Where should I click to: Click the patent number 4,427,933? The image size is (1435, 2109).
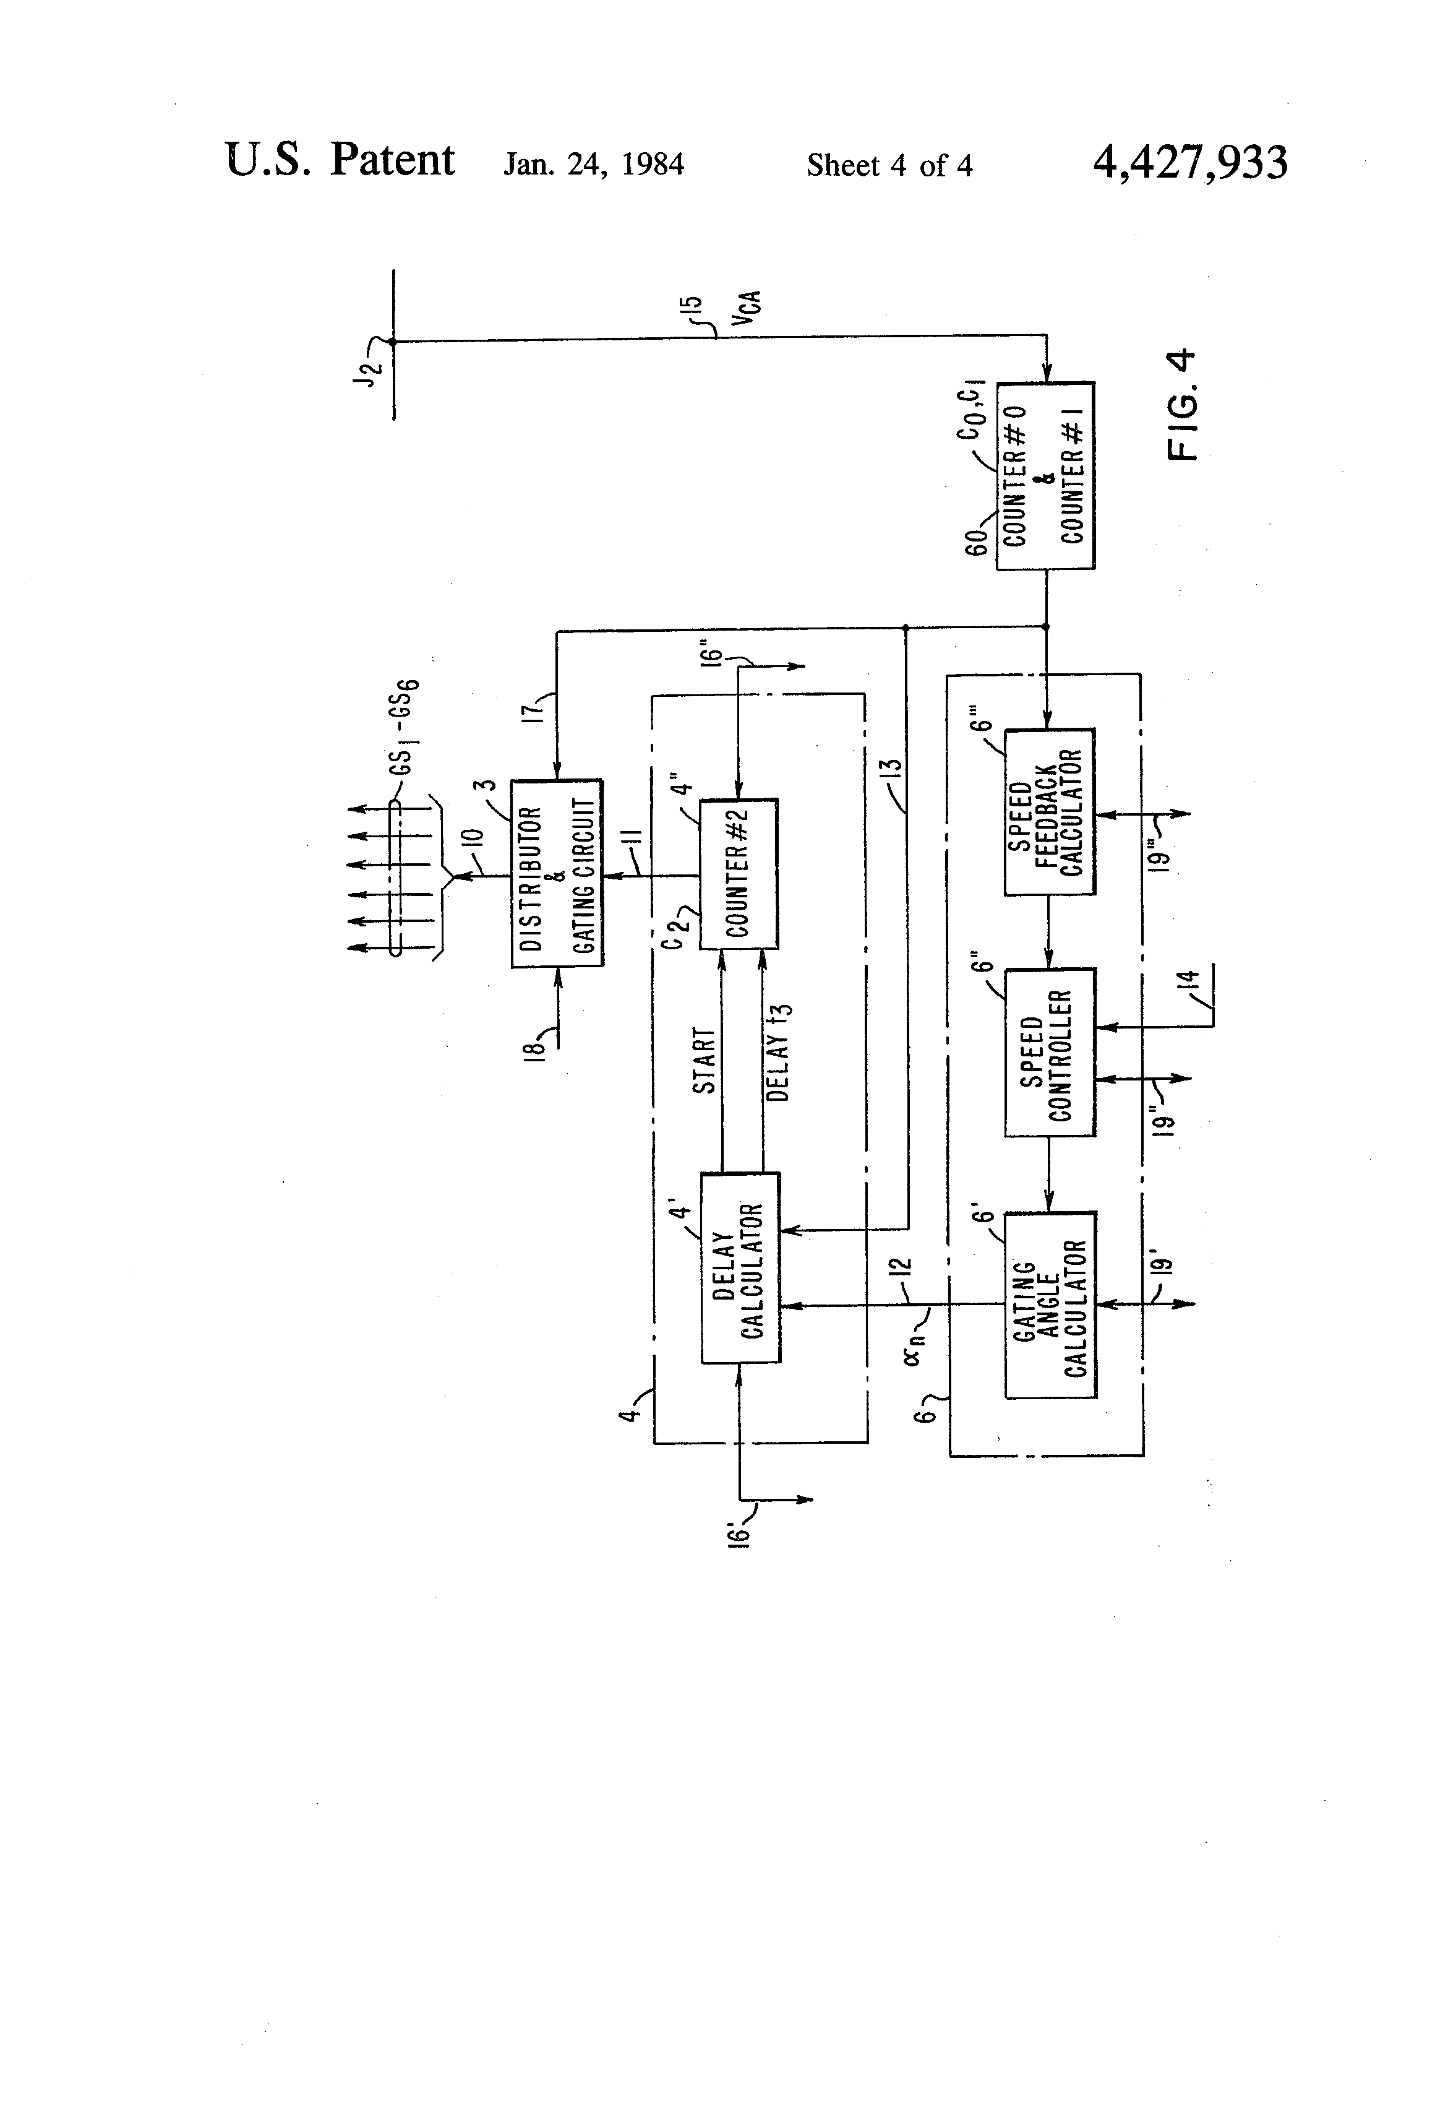1189,163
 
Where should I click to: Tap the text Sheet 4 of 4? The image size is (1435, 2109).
889,165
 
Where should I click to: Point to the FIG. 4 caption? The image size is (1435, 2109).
1183,405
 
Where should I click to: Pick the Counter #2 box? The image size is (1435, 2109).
737,873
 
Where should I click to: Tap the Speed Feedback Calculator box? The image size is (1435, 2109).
1048,811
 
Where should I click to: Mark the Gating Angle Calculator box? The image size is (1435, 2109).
1050,1304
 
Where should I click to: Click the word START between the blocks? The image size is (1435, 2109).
705,1060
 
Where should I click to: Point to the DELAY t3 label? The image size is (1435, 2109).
778,1053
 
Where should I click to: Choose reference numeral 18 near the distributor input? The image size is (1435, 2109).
537,1043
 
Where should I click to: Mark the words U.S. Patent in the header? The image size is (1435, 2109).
340,161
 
